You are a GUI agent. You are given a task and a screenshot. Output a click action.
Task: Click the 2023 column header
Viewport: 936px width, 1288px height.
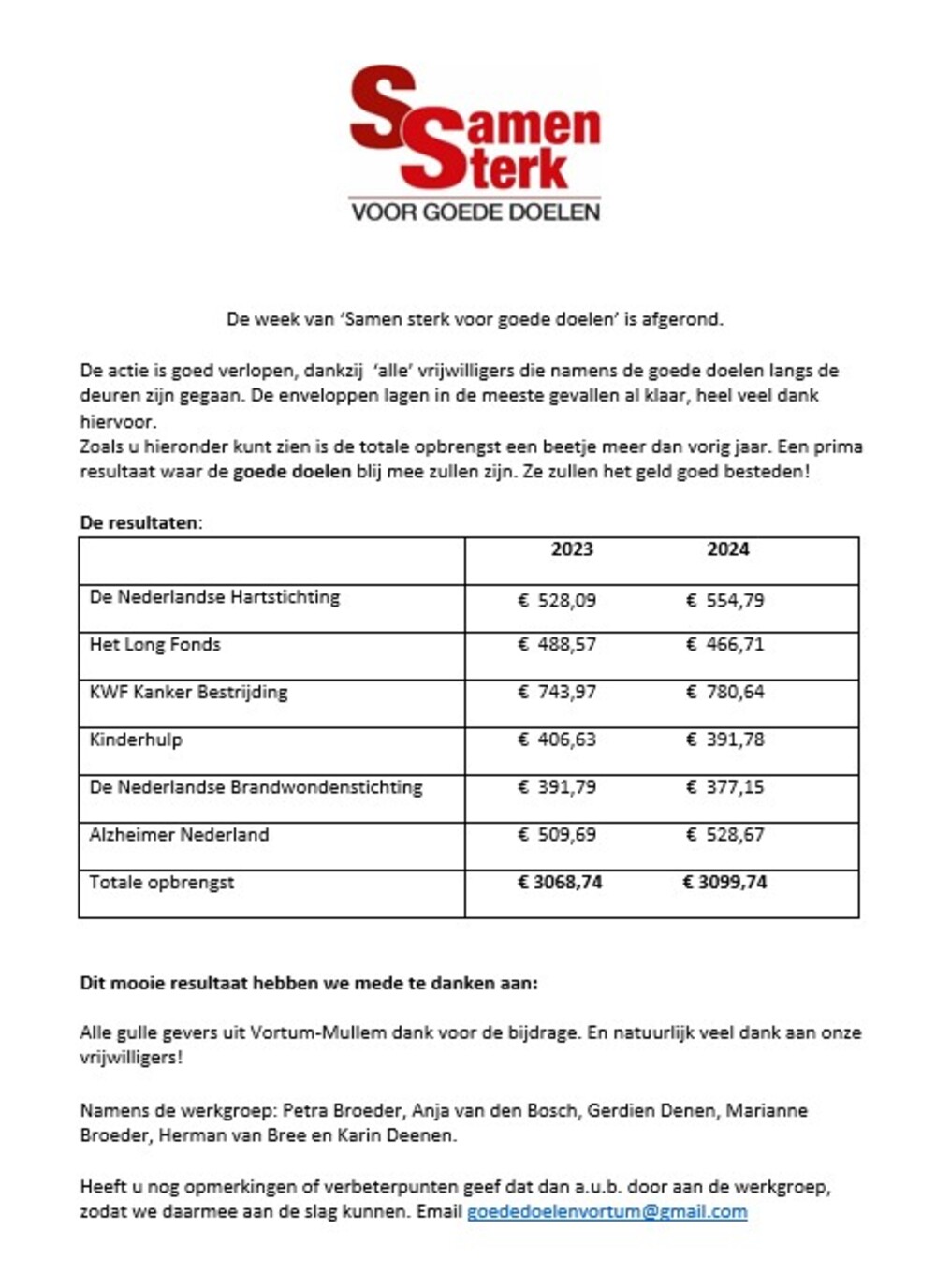point(571,549)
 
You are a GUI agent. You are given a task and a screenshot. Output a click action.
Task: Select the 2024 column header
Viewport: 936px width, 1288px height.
point(727,549)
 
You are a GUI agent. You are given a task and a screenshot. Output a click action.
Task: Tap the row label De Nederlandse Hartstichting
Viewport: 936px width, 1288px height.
point(214,597)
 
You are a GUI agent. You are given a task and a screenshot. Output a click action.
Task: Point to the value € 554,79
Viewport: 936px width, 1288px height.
point(724,601)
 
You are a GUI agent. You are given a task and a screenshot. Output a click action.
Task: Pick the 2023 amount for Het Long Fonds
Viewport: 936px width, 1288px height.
point(557,645)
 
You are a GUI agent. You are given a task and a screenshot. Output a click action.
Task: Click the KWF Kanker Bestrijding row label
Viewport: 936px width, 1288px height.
point(188,693)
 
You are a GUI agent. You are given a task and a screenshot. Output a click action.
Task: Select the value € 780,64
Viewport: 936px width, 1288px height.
point(724,693)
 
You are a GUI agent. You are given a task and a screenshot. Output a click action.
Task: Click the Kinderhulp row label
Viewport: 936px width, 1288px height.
point(136,739)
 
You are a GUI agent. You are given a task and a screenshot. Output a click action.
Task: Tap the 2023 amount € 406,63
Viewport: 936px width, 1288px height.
point(557,740)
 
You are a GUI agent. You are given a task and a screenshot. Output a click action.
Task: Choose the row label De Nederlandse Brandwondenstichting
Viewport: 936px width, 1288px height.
point(256,787)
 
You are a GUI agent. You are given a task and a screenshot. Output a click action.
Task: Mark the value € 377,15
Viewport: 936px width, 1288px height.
point(724,787)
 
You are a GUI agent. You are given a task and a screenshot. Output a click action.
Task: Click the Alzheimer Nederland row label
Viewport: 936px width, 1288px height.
point(179,835)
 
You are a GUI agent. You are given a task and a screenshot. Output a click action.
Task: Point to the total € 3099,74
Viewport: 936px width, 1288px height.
point(724,883)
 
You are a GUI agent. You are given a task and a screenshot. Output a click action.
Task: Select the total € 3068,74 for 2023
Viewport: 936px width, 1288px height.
point(560,883)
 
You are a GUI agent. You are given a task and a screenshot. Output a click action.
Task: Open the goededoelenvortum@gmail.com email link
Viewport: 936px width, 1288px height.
point(607,1212)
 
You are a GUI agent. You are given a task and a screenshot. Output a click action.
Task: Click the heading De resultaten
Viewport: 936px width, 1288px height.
point(140,522)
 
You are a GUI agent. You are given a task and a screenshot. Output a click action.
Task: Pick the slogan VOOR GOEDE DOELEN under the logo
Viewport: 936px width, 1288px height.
point(475,212)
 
